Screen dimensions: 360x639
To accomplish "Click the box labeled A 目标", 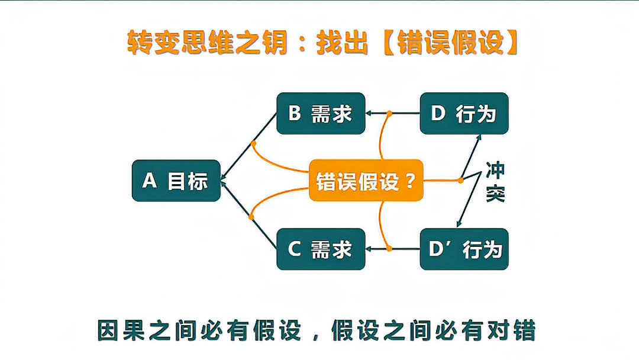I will (176, 181).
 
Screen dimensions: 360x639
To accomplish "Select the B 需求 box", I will (321, 113).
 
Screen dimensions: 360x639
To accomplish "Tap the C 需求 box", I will (321, 249).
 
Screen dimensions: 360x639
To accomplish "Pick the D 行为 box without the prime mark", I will (464, 113).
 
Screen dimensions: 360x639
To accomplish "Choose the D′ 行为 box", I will (464, 249).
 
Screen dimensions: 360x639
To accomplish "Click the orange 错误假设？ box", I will (366, 181).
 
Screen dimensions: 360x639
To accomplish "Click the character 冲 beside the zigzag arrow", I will (495, 170).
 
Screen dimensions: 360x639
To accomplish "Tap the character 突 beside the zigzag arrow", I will (495, 193).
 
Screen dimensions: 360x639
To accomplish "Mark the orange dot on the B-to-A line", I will (253, 143).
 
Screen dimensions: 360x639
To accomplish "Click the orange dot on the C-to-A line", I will (251, 217).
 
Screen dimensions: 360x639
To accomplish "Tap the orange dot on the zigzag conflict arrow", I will (460, 180).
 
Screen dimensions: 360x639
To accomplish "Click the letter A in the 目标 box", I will (150, 181).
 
